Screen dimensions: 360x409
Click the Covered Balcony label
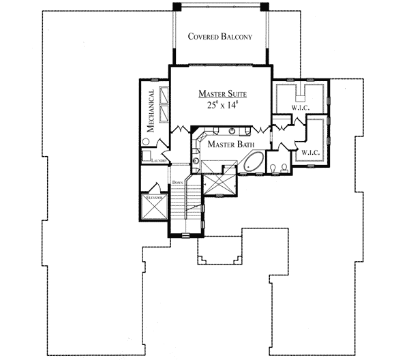pos(220,37)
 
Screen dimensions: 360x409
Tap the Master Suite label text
pos(222,93)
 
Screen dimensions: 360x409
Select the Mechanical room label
pos(150,110)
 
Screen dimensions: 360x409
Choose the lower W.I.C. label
pos(311,152)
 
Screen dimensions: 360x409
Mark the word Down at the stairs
pos(178,182)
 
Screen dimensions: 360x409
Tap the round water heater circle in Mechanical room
pos(146,142)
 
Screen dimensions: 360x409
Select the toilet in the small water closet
pos(273,167)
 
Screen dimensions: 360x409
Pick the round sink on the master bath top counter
pos(232,130)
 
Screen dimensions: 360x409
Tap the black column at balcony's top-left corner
pos(177,6)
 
